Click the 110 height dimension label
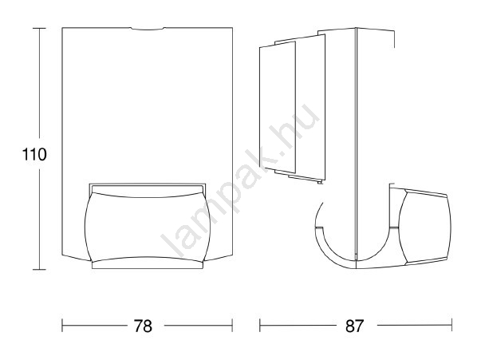point(34,154)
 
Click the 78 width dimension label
point(144,326)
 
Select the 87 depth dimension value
point(354,326)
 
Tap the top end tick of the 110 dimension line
point(39,28)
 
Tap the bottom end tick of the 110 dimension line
point(39,269)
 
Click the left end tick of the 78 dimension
point(62,326)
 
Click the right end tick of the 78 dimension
point(232,326)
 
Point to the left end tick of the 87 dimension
point(260,326)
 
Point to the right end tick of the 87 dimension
point(452,326)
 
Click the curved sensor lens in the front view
point(148,227)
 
